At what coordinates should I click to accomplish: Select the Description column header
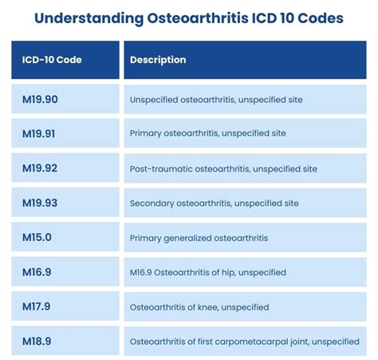(x=158, y=60)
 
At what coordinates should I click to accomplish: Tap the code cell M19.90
(x=39, y=100)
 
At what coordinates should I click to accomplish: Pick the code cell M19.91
(x=39, y=134)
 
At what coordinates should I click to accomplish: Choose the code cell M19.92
(x=39, y=168)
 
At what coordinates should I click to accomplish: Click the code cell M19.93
(x=39, y=203)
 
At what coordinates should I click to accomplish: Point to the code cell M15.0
(x=36, y=238)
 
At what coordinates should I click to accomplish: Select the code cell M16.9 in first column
(x=36, y=272)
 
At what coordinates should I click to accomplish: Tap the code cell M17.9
(x=36, y=307)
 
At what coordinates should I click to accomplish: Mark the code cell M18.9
(x=36, y=341)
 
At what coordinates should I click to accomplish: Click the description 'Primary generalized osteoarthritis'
(x=199, y=238)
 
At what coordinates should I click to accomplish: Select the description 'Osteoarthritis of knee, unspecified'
(x=199, y=307)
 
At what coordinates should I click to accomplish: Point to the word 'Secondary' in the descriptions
(x=151, y=204)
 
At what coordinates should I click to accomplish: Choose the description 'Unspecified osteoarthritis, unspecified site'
(x=216, y=100)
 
